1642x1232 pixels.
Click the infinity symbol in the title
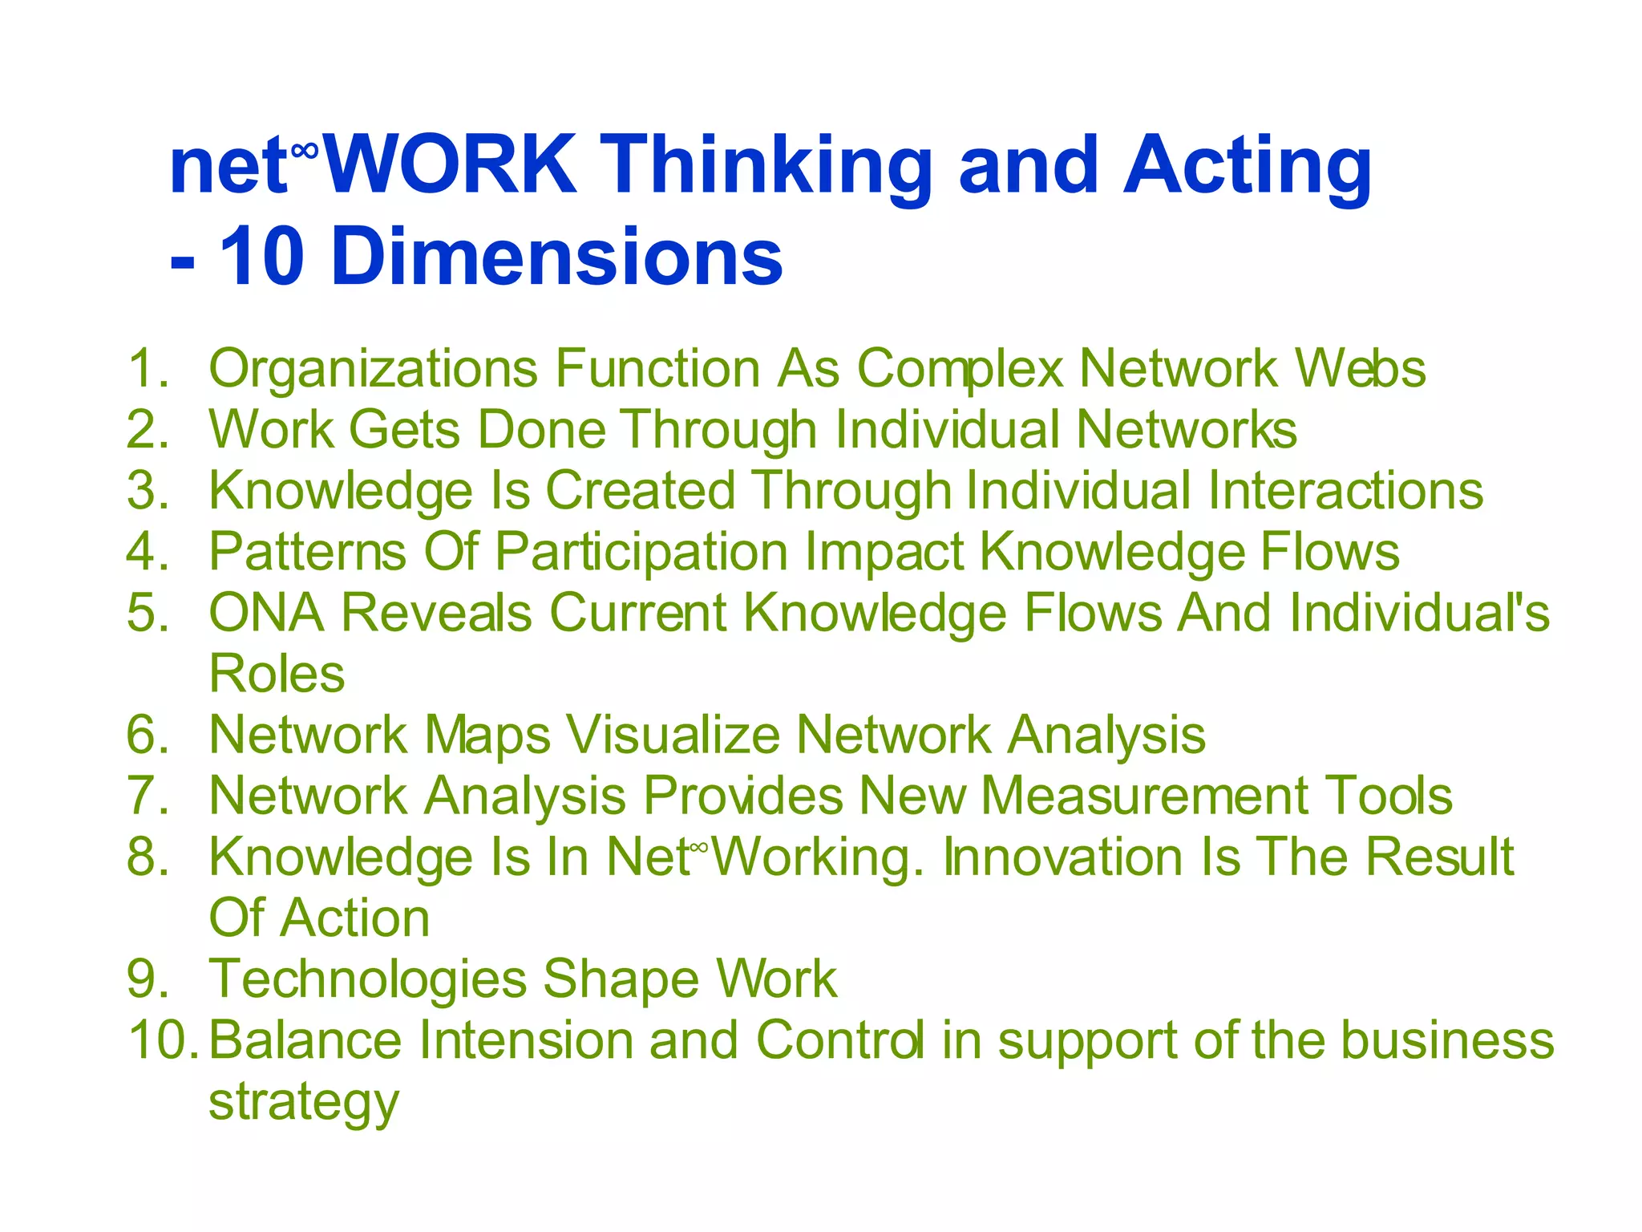point(305,150)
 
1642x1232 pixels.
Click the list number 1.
point(148,369)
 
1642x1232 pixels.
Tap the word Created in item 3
point(640,491)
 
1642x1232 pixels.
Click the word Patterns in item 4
point(307,552)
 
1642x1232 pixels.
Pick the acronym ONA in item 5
point(266,613)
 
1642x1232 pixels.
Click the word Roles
point(277,674)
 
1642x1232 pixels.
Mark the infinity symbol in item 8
point(699,846)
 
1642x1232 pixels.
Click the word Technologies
point(367,979)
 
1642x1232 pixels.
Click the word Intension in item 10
point(525,1040)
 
